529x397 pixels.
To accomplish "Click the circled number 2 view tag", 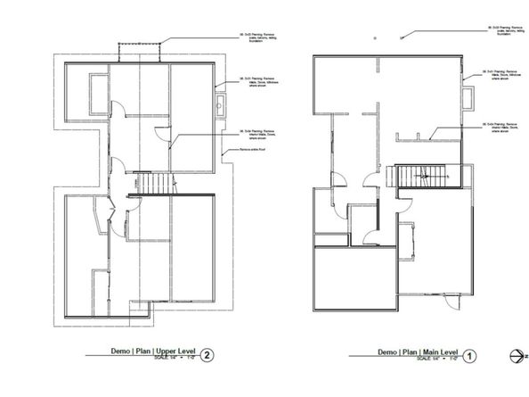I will click(207, 354).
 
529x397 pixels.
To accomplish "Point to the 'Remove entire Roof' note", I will click(255, 151).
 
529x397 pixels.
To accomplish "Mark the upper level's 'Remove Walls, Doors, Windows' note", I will click(259, 83).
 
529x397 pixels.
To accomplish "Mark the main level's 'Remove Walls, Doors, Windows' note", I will click(502, 73).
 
